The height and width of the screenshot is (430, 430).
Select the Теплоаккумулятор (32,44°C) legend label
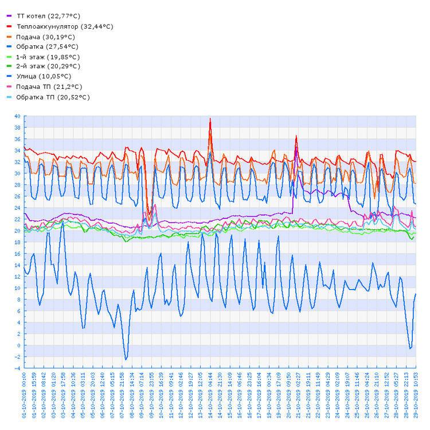click(x=65, y=26)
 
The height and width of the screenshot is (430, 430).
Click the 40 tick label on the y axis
click(x=17, y=116)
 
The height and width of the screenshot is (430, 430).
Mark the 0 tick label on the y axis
click(x=19, y=345)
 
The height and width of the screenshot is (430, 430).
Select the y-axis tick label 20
click(x=17, y=231)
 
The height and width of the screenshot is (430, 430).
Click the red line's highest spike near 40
click(x=210, y=119)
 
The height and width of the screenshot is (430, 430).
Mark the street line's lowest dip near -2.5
click(x=126, y=359)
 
